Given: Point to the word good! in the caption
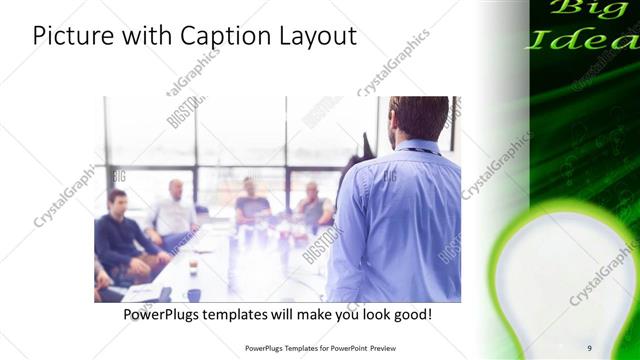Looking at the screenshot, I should click(409, 314).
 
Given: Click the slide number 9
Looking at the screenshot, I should click(589, 347).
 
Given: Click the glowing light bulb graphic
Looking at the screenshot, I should click(565, 270).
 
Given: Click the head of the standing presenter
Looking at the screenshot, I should click(416, 118).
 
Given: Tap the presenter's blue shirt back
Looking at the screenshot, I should click(395, 220).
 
